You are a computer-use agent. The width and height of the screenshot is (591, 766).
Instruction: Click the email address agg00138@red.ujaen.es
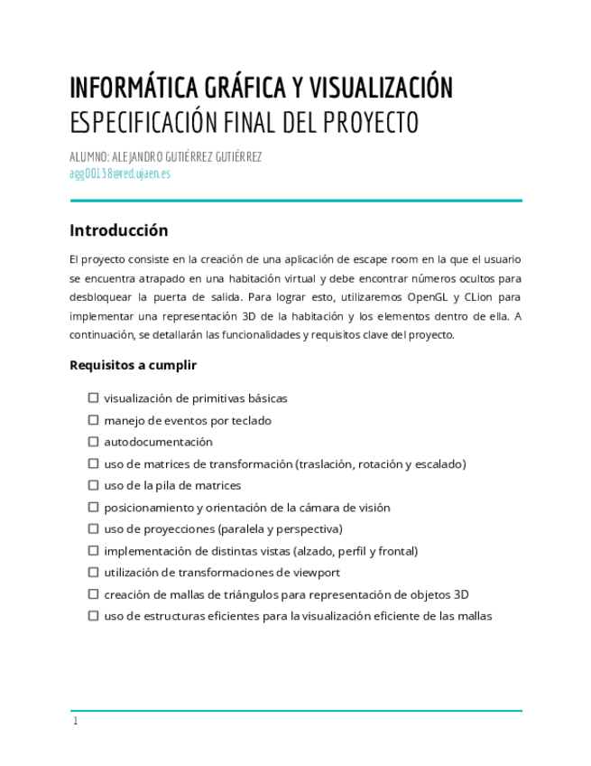click(120, 173)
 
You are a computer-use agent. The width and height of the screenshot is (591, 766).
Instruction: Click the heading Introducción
click(118, 230)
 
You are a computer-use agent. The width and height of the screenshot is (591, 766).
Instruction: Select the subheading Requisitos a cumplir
click(133, 366)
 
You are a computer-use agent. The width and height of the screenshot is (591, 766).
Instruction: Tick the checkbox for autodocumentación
click(93, 442)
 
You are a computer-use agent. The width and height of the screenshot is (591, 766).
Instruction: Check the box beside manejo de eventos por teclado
click(93, 420)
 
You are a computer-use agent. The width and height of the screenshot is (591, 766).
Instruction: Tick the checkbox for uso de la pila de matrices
click(93, 485)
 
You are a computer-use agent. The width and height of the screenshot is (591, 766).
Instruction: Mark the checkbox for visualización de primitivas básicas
click(93, 398)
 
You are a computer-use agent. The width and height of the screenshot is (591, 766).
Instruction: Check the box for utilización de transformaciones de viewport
click(93, 573)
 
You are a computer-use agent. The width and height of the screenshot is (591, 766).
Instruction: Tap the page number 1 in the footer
click(76, 721)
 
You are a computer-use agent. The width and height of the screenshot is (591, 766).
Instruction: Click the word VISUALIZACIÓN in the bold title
click(381, 89)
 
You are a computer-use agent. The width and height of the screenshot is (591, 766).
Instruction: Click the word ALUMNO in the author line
click(88, 156)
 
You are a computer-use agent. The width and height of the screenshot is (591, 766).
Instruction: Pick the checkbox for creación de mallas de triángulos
click(93, 594)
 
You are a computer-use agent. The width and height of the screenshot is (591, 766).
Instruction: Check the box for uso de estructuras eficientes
click(93, 616)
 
